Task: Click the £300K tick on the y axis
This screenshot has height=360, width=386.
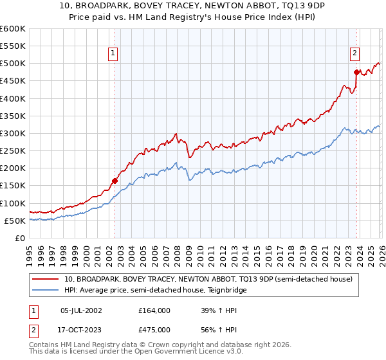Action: click(x=13, y=133)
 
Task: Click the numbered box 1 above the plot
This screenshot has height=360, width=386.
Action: click(x=113, y=54)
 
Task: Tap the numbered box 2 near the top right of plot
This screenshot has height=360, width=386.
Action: click(x=354, y=54)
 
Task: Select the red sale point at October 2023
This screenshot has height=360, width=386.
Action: click(x=356, y=72)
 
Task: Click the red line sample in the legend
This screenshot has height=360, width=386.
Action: click(x=46, y=280)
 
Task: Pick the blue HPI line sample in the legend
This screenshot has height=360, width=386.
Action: click(x=46, y=291)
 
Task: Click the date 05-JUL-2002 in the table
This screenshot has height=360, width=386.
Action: click(x=82, y=310)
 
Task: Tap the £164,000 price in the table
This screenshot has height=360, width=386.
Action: click(x=154, y=310)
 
